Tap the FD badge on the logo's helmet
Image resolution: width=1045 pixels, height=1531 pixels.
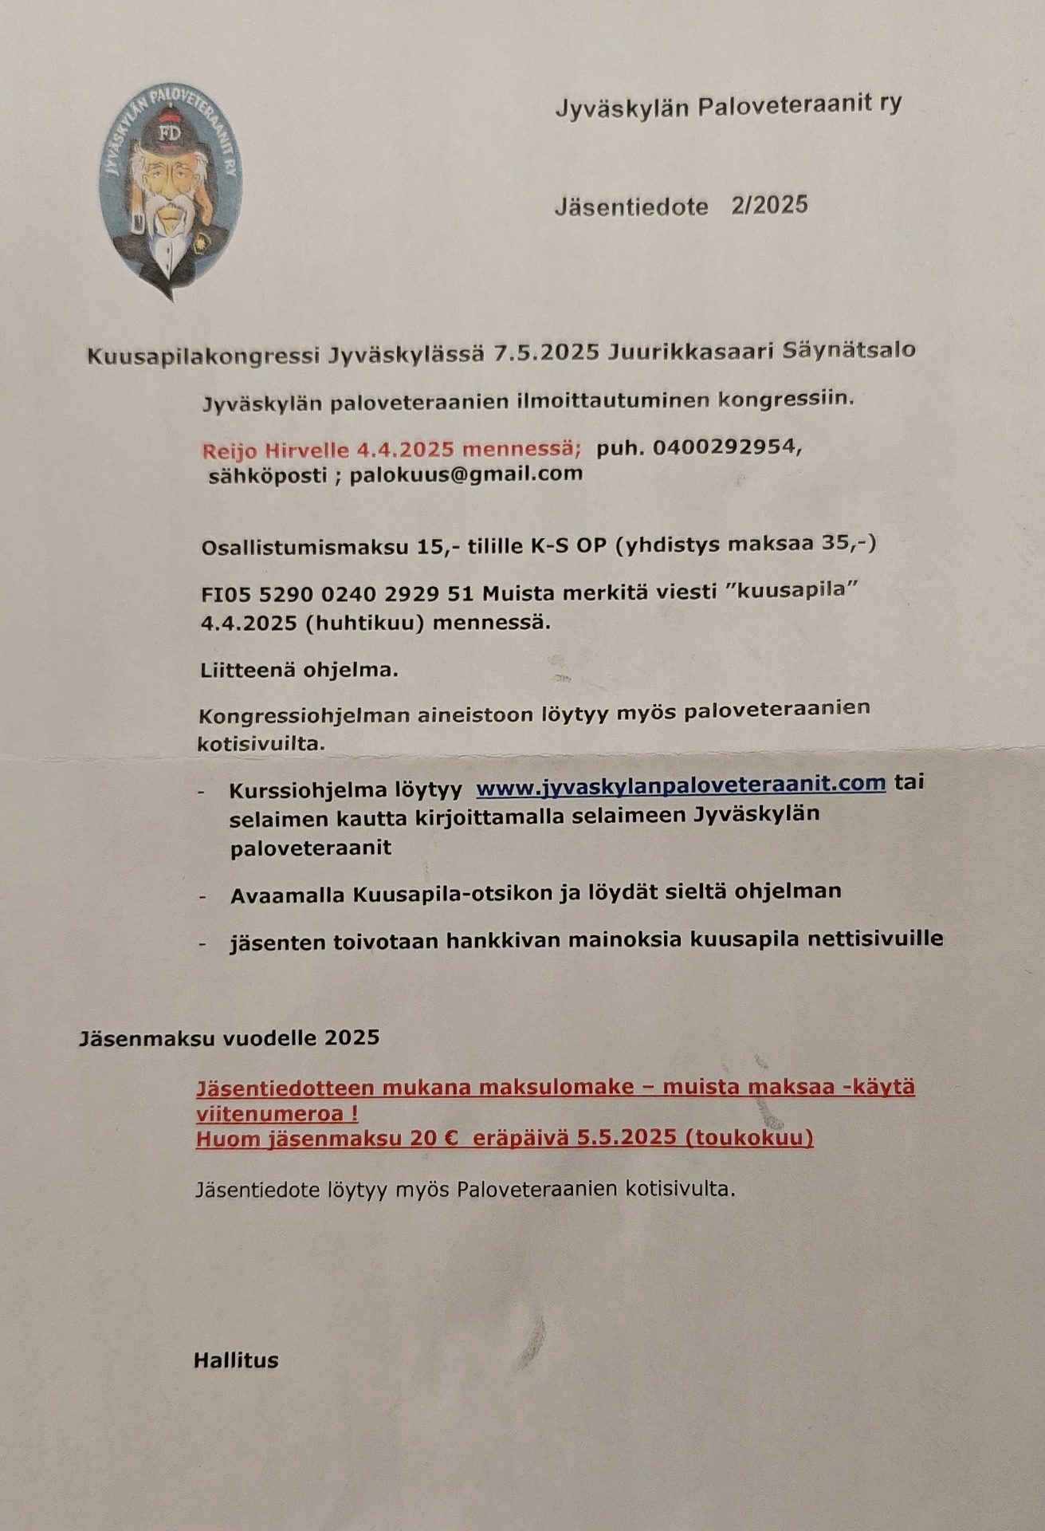tap(170, 133)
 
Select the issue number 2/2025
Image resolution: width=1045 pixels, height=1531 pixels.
tap(769, 205)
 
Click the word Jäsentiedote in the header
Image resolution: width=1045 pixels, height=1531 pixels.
tap(631, 207)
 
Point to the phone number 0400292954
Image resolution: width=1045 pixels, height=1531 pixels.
tap(725, 447)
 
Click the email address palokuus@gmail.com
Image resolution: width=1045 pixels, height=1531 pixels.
tap(466, 474)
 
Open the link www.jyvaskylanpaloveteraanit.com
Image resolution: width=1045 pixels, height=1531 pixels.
tap(681, 783)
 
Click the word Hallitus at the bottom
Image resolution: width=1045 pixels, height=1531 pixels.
tap(236, 1360)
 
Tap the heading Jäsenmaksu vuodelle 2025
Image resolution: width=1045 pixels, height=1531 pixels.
tap(229, 1037)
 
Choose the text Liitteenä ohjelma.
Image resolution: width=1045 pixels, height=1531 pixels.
tap(299, 670)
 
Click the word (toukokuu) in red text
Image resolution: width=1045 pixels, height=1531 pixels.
tap(748, 1138)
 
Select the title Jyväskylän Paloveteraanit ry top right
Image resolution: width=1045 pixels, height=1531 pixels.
tap(728, 105)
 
